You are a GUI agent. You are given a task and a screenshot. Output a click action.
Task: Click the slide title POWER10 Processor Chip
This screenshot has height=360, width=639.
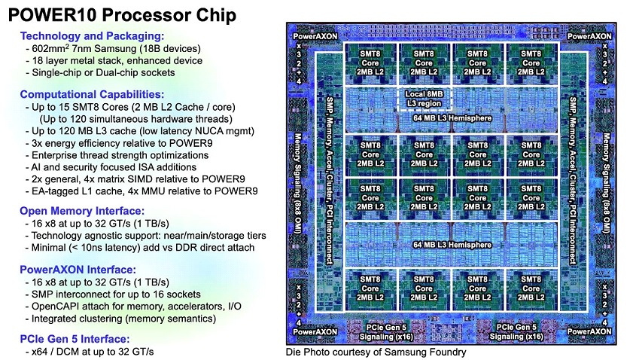click(x=122, y=15)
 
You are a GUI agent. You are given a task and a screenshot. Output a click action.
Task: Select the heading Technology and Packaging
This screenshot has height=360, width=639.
click(x=92, y=36)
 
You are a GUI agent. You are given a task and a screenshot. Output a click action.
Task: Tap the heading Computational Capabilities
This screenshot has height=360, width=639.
click(x=92, y=94)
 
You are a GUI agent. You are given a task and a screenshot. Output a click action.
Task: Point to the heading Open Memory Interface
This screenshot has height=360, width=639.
click(x=82, y=211)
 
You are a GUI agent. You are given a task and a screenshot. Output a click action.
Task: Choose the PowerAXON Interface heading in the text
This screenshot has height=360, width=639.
click(x=78, y=270)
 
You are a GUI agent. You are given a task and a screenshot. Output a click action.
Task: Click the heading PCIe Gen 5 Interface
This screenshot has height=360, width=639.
click(x=75, y=339)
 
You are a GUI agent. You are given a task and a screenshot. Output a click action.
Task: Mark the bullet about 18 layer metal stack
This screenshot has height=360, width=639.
click(x=114, y=61)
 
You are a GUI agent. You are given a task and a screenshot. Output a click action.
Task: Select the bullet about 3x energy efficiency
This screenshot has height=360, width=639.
click(x=119, y=144)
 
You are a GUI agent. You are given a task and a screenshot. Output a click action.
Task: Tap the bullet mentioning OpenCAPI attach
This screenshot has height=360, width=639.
click(x=133, y=307)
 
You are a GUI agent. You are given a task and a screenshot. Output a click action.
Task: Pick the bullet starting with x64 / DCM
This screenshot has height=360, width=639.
click(x=90, y=352)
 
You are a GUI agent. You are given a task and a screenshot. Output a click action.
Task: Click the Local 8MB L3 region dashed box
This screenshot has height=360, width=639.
click(x=424, y=99)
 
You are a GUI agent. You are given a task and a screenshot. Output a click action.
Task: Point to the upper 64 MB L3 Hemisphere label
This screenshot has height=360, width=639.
click(x=452, y=118)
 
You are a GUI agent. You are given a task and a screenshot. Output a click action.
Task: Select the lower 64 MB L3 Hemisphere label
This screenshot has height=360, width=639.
click(x=452, y=245)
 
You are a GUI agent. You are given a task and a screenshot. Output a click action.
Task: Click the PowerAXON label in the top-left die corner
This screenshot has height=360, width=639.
click(x=315, y=36)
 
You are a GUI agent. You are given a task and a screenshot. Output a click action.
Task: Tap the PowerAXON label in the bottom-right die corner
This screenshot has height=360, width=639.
click(x=589, y=331)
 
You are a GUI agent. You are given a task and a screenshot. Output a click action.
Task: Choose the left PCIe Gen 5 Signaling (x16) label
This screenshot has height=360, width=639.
click(x=386, y=332)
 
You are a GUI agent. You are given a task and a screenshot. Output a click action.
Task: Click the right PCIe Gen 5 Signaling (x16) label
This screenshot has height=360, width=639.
click(x=516, y=332)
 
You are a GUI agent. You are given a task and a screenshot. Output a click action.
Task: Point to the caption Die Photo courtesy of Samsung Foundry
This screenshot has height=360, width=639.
click(x=376, y=352)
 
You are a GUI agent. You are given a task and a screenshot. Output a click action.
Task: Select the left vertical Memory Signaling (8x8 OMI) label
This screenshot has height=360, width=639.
click(x=298, y=185)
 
